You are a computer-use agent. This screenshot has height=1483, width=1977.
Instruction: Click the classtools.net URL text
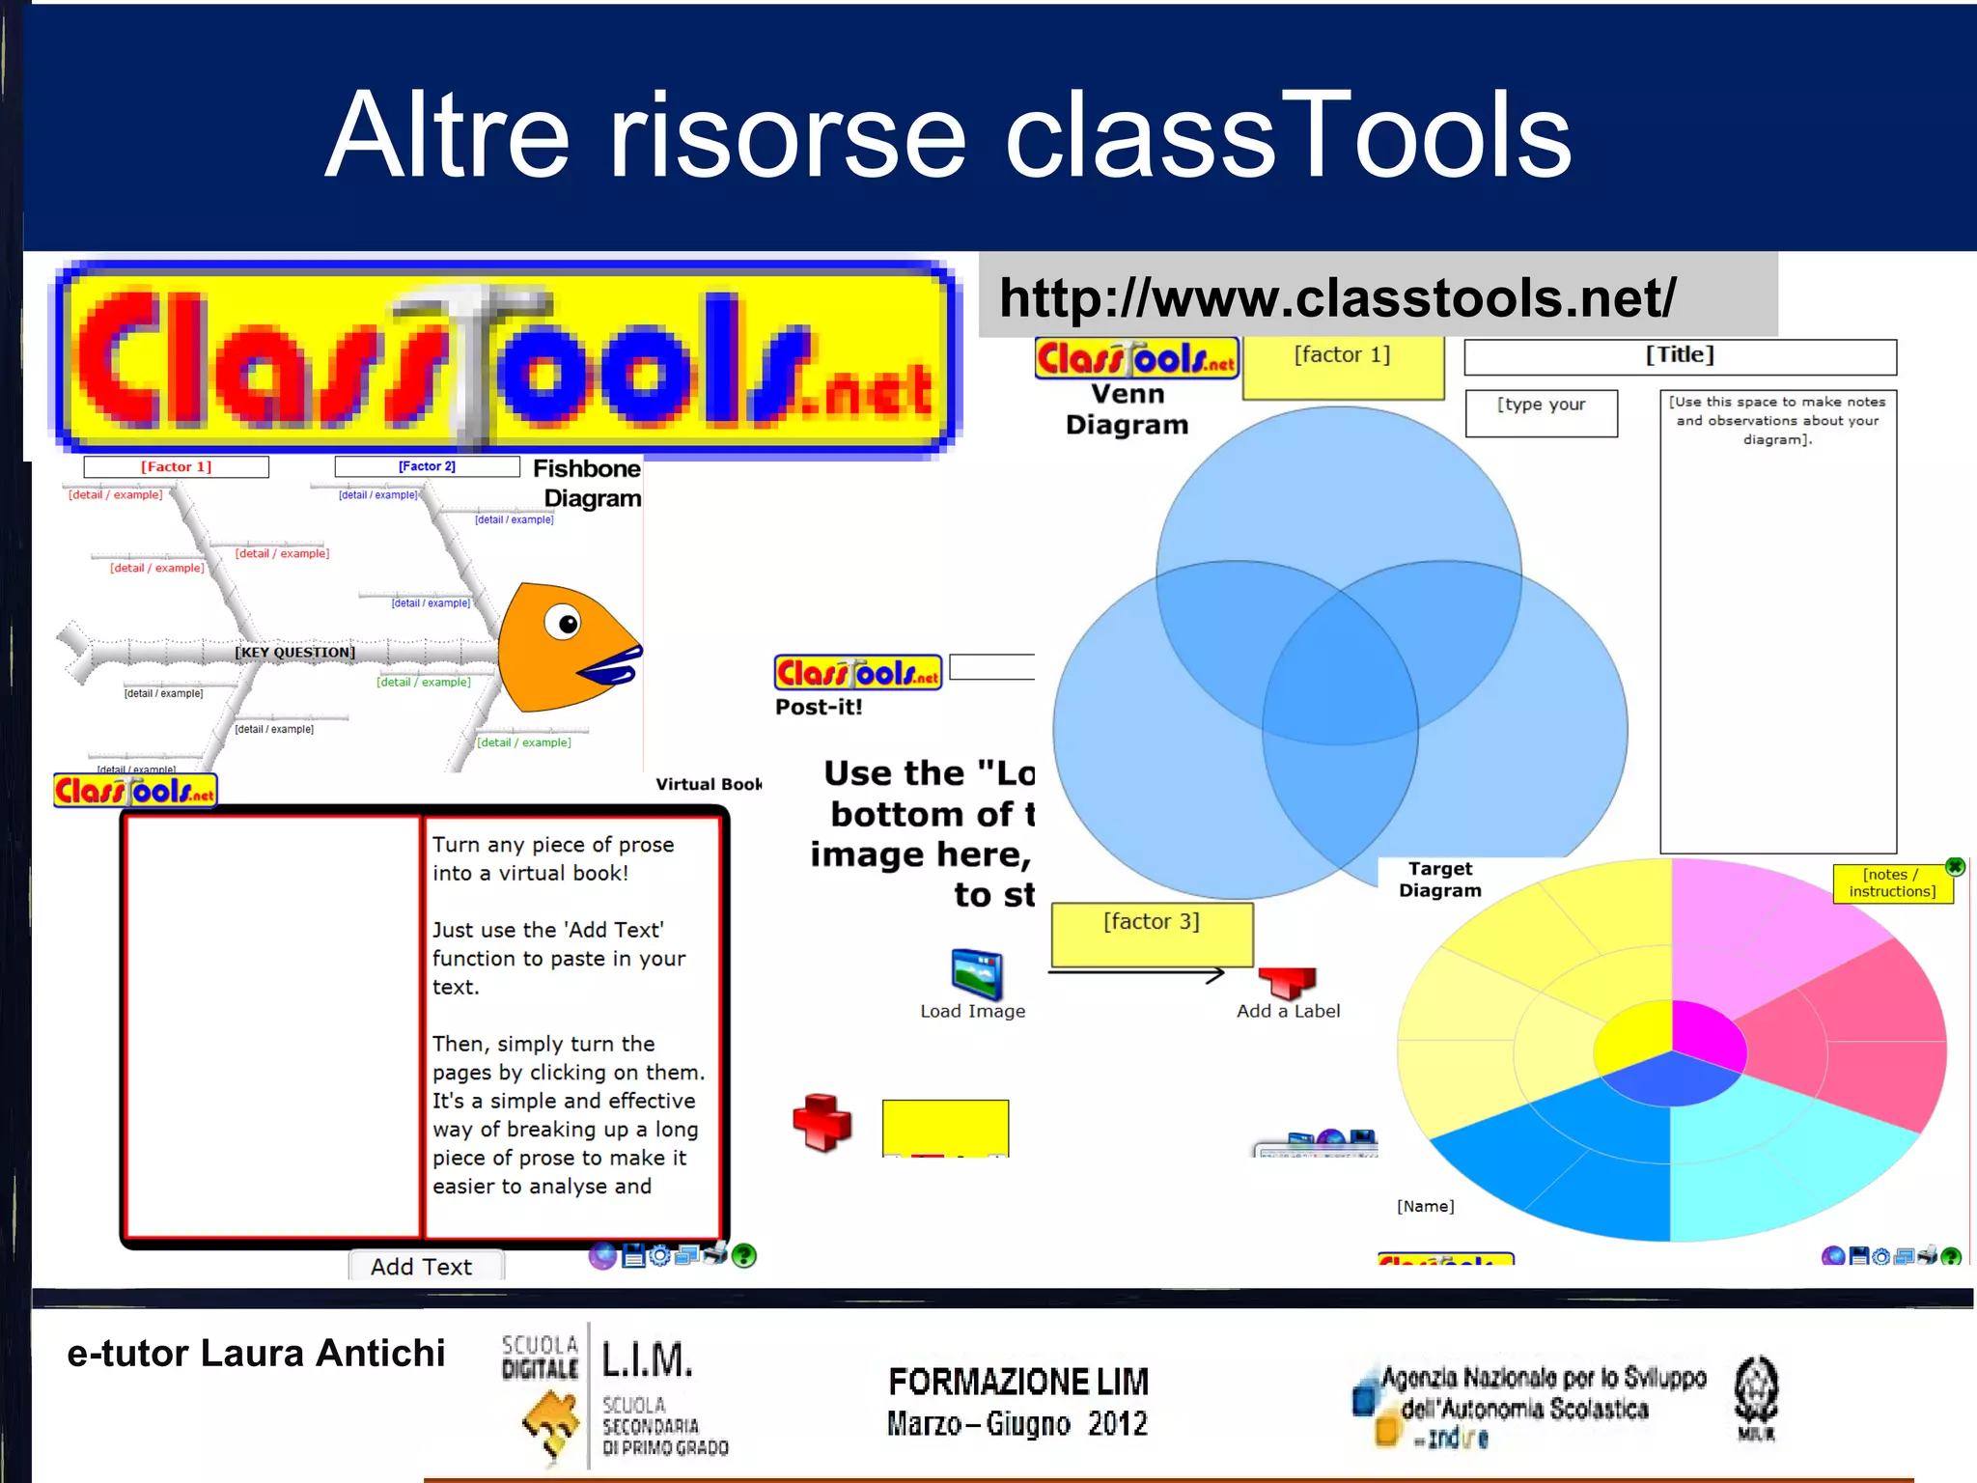pos(1337,297)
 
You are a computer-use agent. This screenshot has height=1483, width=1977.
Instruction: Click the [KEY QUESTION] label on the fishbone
pos(295,653)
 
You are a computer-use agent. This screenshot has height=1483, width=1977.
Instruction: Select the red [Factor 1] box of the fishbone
pos(176,467)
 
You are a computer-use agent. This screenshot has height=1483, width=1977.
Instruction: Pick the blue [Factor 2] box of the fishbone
pos(427,466)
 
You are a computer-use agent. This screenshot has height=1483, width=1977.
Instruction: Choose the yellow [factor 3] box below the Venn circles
pos(1152,932)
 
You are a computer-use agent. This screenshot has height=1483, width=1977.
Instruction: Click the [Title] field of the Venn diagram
pos(1680,356)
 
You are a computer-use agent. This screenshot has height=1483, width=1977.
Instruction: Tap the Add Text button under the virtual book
pos(423,1267)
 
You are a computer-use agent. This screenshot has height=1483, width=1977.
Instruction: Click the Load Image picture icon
pos(976,973)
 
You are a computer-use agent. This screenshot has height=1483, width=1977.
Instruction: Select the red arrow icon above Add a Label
pos(1288,982)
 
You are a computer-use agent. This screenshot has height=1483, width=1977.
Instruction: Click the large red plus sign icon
pos(821,1122)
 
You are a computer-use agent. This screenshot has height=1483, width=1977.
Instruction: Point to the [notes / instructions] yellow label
pos(1892,883)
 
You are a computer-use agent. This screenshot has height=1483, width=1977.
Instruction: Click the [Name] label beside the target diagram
pos(1425,1206)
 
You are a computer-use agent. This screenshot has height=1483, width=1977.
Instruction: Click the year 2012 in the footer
pos(1117,1424)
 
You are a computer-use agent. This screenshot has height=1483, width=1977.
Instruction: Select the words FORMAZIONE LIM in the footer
pos(1018,1382)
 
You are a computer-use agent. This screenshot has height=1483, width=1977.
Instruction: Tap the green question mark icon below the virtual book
pos(743,1255)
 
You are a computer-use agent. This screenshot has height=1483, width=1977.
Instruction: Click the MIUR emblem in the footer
pos(1756,1397)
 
